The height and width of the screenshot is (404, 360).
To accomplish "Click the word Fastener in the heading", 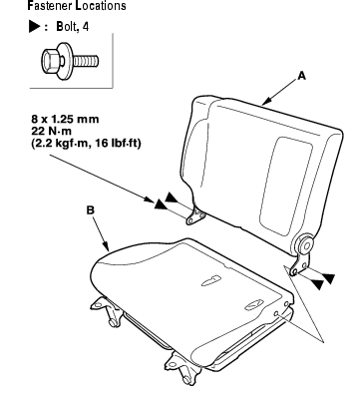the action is (50, 6).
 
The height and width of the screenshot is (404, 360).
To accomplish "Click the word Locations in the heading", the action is (101, 6).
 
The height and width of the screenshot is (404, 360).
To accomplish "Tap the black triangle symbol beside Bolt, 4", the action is (34, 26).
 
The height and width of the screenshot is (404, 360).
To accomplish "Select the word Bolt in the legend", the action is (65, 26).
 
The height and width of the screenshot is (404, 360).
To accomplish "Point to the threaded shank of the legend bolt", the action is (86, 61).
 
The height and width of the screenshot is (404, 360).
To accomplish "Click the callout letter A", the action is (301, 76).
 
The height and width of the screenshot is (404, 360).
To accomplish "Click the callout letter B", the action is (90, 210).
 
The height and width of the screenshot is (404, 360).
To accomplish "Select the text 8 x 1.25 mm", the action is (65, 119).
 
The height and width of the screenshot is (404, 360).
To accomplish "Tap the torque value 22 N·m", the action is (51, 131).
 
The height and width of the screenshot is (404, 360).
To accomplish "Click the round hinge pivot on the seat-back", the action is (305, 246).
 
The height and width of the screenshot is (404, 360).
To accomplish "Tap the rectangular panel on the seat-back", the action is (286, 187).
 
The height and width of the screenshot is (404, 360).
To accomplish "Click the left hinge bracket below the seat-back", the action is (195, 215).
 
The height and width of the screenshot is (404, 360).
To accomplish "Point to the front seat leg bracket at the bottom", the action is (181, 367).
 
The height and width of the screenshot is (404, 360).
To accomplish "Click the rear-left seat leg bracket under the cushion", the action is (108, 311).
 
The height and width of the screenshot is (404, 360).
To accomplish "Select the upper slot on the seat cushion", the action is (211, 280).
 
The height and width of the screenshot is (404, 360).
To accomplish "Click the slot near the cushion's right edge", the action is (254, 304).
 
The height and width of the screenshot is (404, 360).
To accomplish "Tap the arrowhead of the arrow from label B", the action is (107, 246).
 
